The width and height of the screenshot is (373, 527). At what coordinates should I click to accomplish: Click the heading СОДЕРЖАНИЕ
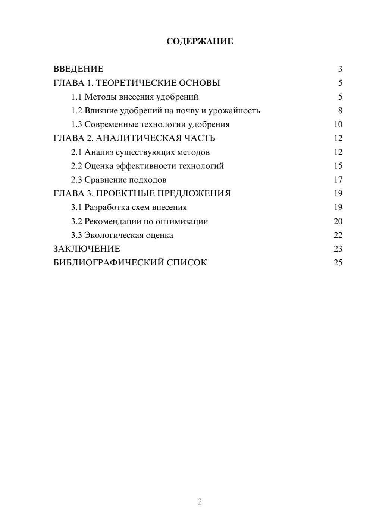[x=200, y=41]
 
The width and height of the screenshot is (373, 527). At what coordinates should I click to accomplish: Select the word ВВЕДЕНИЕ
[x=78, y=69]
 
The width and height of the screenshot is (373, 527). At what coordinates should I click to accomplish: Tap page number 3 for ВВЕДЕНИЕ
[x=340, y=69]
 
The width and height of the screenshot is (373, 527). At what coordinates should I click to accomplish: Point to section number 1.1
[x=76, y=97]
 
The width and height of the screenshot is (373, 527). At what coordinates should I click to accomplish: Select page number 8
[x=340, y=111]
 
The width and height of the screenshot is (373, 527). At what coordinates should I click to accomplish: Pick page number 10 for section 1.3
[x=338, y=124]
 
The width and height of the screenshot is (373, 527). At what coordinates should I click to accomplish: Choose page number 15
[x=338, y=166]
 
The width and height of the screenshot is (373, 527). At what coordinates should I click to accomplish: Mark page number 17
[x=338, y=180]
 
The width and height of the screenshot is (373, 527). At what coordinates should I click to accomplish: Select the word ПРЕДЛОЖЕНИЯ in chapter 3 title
[x=194, y=193]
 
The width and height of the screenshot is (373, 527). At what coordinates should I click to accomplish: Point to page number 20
[x=338, y=221]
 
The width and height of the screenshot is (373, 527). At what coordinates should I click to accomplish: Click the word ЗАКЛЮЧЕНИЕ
[x=87, y=249]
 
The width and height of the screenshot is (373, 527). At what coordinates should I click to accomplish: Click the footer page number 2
[x=200, y=502]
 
